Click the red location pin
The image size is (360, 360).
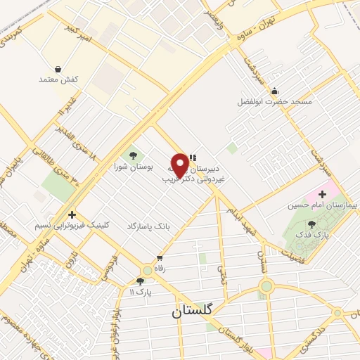(x=180, y=165)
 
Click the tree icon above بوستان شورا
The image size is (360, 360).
(x=131, y=155)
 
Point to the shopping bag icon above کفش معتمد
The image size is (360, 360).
(x=58, y=69)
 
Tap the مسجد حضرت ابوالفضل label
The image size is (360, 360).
(x=293, y=102)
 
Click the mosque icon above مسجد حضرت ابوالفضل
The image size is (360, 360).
(x=274, y=91)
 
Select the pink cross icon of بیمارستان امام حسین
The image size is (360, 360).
(x=323, y=193)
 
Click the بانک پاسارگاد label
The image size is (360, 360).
(x=148, y=226)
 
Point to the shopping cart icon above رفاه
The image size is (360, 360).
(x=160, y=257)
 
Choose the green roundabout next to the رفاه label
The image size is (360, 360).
(x=147, y=269)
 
